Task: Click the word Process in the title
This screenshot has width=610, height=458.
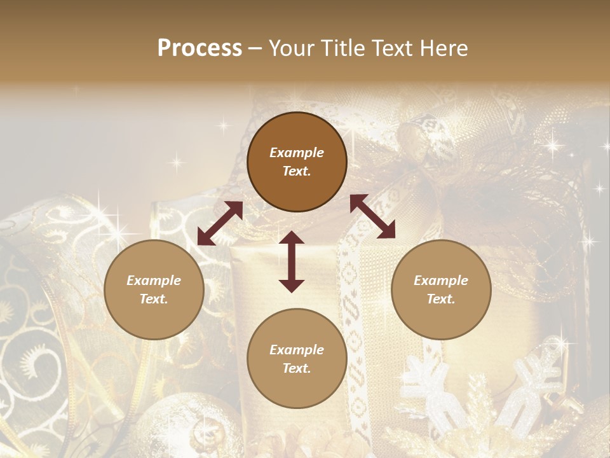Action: tap(200, 48)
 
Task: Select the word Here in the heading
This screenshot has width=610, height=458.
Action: tap(445, 48)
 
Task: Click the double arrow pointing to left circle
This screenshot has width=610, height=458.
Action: tap(220, 223)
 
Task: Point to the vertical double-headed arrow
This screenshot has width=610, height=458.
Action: tap(292, 262)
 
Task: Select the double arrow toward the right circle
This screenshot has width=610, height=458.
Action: tap(372, 216)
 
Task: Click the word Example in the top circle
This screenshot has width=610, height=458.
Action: tap(297, 153)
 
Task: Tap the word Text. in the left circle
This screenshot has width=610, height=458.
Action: tap(154, 299)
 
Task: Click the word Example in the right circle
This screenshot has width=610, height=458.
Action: tap(441, 281)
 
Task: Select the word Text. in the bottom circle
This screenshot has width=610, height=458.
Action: tap(297, 368)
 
